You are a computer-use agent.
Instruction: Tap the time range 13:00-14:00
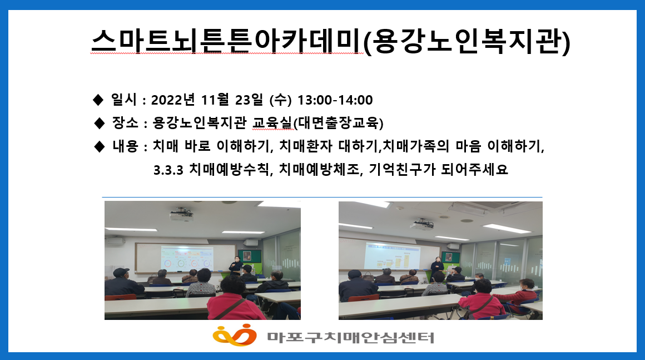pyautogui.click(x=335, y=100)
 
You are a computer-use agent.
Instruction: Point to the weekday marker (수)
pyautogui.click(x=280, y=100)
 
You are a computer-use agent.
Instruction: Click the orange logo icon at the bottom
pyautogui.click(x=234, y=335)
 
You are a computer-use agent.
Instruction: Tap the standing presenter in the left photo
pyautogui.click(x=235, y=265)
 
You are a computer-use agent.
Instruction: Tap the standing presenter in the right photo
pyautogui.click(x=437, y=266)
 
